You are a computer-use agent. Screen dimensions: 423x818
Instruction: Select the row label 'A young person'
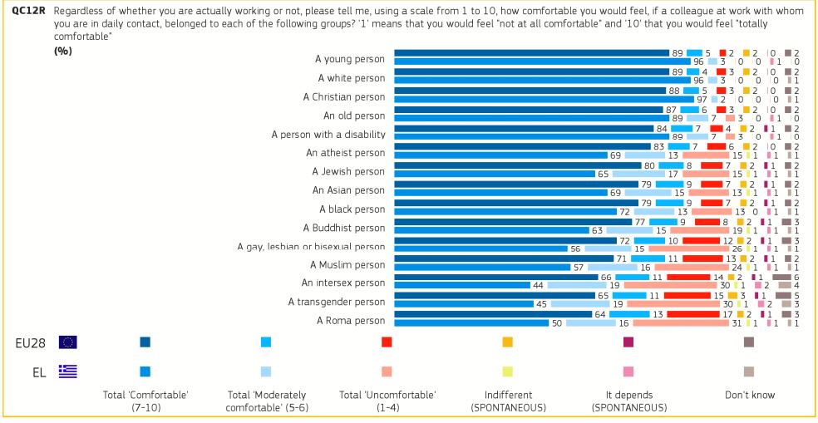pos(352,57)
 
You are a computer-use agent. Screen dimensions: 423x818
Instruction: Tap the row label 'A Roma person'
pos(352,319)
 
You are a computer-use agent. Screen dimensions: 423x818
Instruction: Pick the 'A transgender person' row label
pos(337,301)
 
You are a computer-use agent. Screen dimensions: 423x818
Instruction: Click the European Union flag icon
pos(68,342)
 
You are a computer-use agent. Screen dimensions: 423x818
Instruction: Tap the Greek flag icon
pos(68,371)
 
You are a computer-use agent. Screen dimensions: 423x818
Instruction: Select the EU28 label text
pos(26,342)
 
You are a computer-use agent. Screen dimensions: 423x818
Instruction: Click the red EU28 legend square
pos(387,342)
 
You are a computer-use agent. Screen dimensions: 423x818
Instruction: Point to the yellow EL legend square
pos(507,371)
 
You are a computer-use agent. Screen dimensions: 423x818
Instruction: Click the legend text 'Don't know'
pos(751,395)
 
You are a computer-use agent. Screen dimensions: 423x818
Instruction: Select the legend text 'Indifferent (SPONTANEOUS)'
pos(507,401)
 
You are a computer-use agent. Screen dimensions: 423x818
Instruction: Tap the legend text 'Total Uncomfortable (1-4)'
pos(387,401)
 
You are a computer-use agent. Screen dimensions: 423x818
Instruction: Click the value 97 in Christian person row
pos(703,99)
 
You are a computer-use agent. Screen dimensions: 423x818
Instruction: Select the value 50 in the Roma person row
pos(557,322)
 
